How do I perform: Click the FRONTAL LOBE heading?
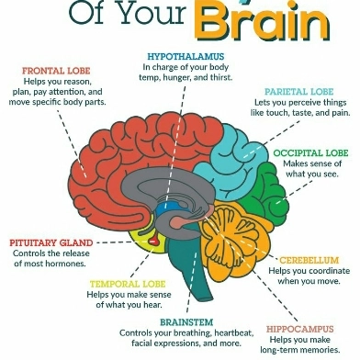(x=56, y=71)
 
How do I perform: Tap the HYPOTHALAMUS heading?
(x=186, y=57)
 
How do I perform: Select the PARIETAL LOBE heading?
(x=298, y=92)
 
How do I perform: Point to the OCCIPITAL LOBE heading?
(x=310, y=153)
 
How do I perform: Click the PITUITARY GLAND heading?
(x=51, y=243)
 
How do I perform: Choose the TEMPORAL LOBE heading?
(x=128, y=284)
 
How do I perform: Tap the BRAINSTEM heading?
(x=186, y=322)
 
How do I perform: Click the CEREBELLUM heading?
(x=309, y=261)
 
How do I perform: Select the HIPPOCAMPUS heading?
(x=299, y=330)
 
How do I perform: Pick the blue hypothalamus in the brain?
(x=167, y=209)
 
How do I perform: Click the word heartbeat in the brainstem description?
(x=234, y=332)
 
